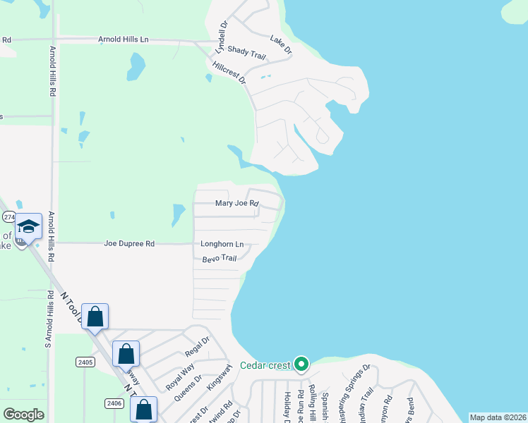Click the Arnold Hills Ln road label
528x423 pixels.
124,40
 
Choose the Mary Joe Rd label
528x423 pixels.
237,204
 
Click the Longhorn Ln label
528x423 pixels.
222,245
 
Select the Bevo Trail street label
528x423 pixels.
219,258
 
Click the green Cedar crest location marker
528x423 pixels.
301,364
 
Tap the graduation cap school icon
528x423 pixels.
28,226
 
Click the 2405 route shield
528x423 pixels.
85,362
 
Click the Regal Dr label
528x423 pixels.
197,350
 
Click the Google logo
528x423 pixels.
23,415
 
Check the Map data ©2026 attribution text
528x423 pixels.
497,417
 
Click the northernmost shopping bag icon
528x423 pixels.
95,317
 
